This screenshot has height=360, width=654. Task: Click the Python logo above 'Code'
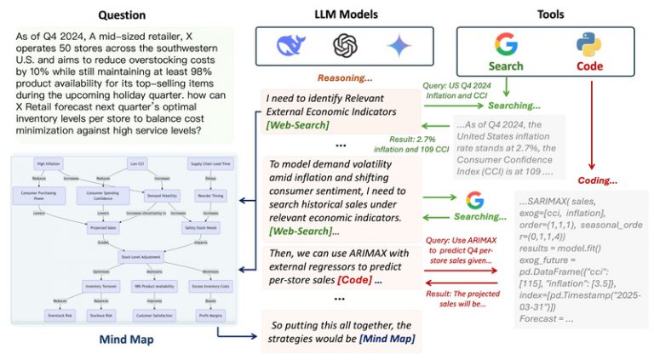point(589,44)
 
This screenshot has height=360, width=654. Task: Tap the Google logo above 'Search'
point(506,44)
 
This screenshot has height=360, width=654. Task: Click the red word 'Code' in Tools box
point(589,66)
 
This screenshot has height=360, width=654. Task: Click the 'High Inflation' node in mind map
point(51,163)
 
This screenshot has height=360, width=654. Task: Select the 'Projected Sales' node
point(103,227)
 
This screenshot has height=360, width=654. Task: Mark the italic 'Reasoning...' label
point(341,77)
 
